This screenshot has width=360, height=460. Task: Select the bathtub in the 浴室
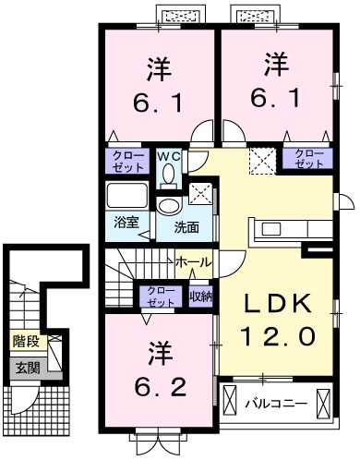(127, 195)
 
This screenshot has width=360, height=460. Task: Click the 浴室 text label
(127, 223)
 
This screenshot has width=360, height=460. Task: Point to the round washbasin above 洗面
(169, 206)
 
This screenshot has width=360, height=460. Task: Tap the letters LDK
(279, 304)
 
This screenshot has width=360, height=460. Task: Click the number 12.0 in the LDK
(279, 333)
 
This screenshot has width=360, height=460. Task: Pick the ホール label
(193, 262)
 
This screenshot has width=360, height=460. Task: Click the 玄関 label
(25, 367)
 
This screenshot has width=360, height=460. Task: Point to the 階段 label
(25, 341)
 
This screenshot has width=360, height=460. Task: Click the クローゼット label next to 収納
(161, 297)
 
